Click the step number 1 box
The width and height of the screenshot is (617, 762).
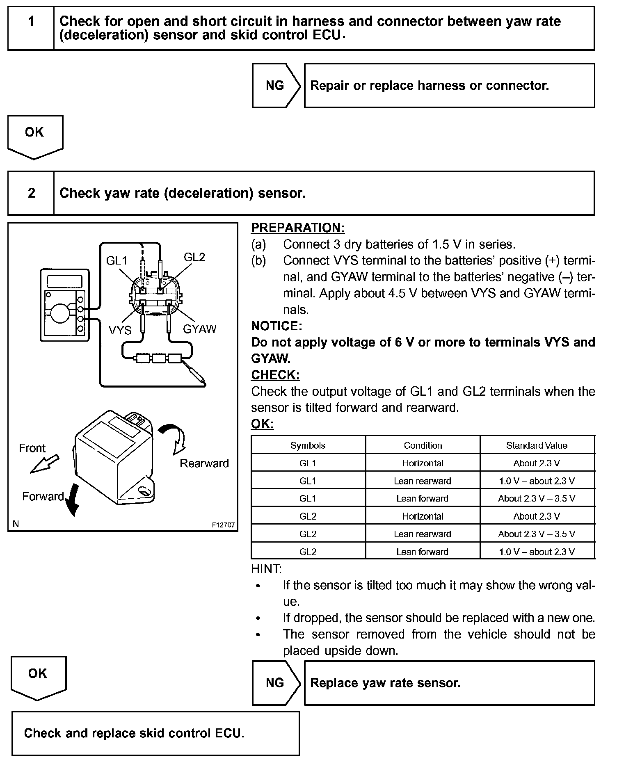point(31,28)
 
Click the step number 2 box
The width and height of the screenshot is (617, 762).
point(31,193)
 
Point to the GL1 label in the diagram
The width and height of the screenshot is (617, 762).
point(117,260)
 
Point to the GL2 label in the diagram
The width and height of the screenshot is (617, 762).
point(194,257)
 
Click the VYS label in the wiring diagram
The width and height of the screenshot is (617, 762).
point(120,330)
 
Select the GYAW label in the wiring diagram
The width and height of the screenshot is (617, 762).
point(199,329)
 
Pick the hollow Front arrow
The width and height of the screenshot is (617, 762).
point(44,464)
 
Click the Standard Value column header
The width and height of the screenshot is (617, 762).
point(537,445)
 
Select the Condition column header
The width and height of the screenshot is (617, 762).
point(423,445)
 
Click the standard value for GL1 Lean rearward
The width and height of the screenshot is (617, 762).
point(537,481)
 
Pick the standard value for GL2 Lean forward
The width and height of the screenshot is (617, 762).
point(537,552)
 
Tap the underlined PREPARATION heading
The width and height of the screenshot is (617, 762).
point(298,228)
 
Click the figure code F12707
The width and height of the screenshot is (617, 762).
point(223,525)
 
